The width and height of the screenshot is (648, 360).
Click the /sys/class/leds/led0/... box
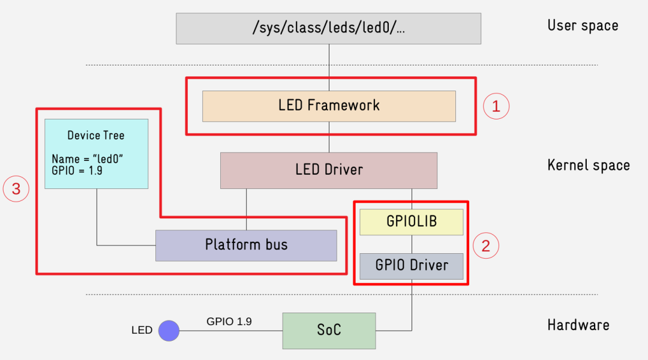coord(328,29)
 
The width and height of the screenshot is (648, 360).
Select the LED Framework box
coord(329,106)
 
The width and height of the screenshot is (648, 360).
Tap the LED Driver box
coord(329,170)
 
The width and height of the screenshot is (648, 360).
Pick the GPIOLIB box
coord(411,222)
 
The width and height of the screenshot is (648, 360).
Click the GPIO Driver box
coord(411,266)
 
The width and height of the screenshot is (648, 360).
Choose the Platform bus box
coord(246,245)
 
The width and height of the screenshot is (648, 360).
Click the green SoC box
coord(329,331)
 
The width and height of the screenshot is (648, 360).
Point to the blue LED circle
coord(169,331)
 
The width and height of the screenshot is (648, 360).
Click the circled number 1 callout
coord(496,106)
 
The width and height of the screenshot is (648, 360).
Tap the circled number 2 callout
coord(486,245)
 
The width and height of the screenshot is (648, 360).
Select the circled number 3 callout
coord(16,189)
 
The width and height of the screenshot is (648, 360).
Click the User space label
coord(582,26)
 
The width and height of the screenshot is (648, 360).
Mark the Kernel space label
coord(588,166)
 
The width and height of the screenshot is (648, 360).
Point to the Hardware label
coord(578,325)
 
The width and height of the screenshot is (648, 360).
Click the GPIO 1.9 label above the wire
coord(229,322)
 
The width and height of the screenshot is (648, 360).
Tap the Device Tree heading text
coord(96,136)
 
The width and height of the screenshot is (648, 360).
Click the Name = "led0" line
coord(88,159)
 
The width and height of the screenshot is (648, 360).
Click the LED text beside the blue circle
coord(142,331)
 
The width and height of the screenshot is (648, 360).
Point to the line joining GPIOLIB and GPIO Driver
coord(412,244)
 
